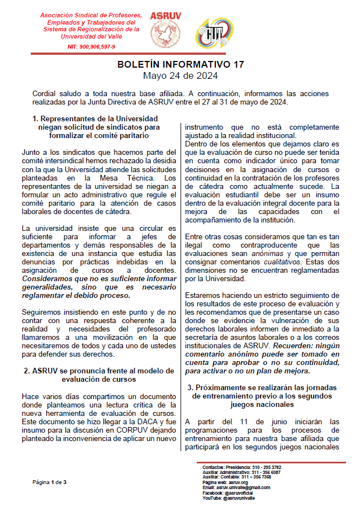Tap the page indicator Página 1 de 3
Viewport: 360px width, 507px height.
[x=49, y=482]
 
